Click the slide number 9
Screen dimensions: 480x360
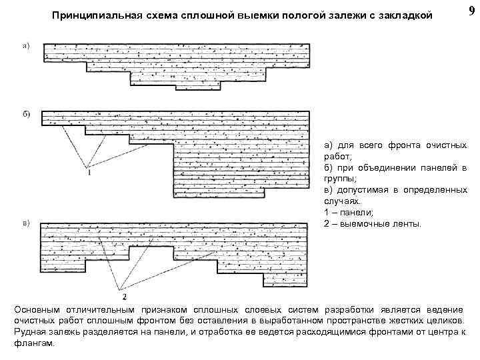pos(472,11)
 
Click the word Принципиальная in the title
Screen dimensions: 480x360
pos(93,15)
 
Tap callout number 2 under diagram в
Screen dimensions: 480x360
pos(124,295)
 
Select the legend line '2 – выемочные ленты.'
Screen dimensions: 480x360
pos(373,224)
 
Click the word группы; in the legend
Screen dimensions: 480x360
pos(341,179)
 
